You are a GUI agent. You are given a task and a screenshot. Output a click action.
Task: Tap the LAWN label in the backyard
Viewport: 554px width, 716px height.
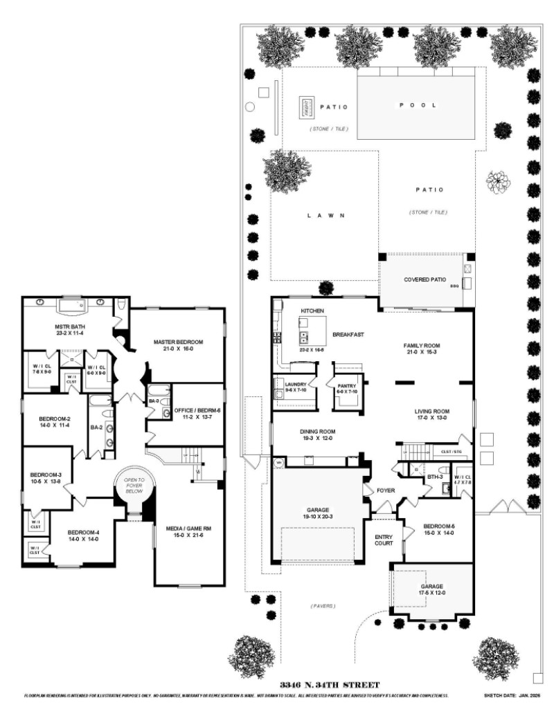coord(325,215)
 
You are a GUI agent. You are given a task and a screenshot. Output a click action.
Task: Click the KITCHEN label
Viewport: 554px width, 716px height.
coord(312,311)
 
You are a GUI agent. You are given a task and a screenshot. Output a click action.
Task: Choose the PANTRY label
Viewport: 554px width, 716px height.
coord(346,386)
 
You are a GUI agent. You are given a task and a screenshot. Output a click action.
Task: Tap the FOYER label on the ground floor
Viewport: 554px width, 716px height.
coord(385,490)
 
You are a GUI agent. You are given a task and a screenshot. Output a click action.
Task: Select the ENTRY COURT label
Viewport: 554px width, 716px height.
coord(384,540)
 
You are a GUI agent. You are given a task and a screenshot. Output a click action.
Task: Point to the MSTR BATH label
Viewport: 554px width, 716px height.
coord(69,327)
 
